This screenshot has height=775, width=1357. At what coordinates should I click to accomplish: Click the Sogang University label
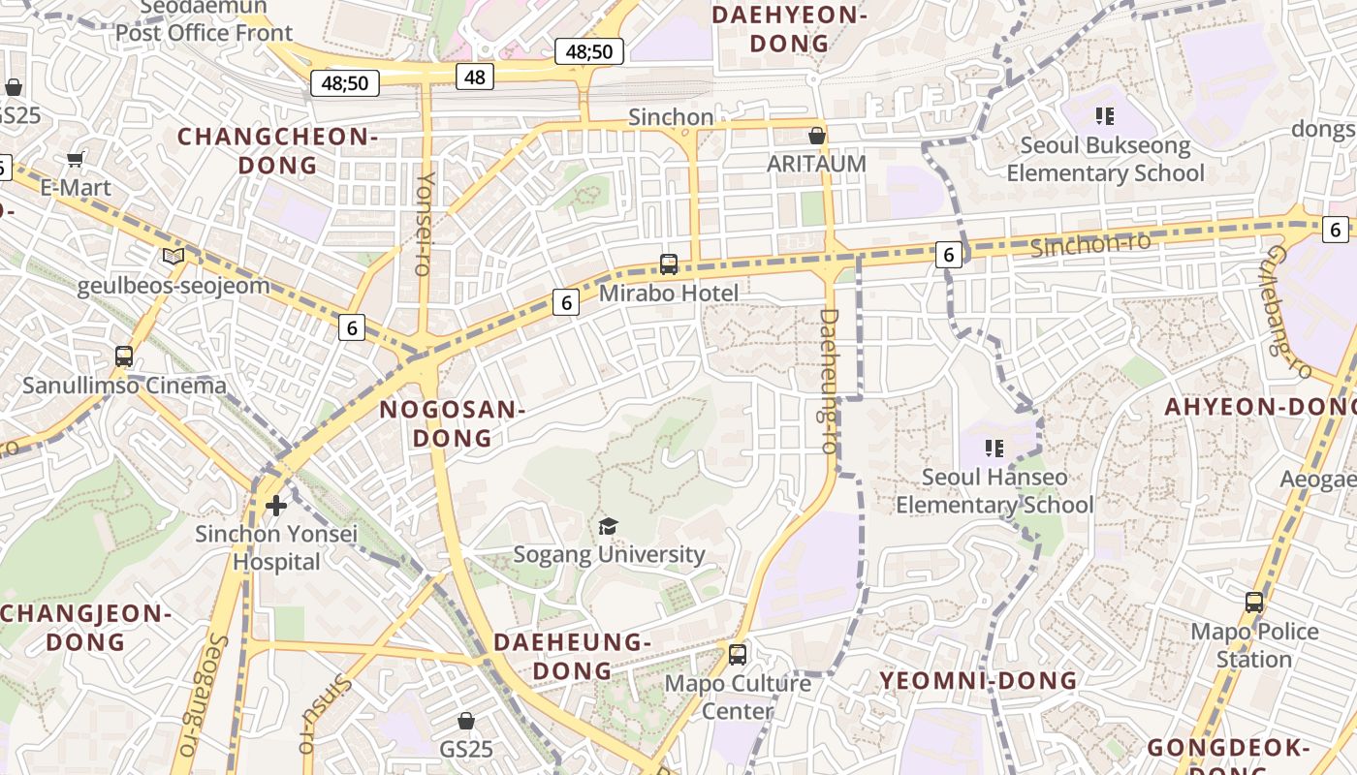609,554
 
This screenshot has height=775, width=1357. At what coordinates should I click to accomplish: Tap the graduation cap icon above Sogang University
608,526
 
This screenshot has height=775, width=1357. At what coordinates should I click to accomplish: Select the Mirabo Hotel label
669,293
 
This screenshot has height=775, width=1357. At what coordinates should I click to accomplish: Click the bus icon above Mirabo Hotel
668,263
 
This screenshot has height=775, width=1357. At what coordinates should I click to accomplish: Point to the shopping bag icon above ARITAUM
817,136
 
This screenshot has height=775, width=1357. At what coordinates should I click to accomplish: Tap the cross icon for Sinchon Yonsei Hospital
276,505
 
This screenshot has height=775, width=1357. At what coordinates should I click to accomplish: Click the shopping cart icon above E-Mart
76,159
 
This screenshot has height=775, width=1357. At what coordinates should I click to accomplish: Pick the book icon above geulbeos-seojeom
174,257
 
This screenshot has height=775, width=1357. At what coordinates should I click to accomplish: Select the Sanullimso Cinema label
124,385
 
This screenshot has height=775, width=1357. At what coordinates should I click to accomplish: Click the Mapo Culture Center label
738,697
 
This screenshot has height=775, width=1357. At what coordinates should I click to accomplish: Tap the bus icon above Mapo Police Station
1254,603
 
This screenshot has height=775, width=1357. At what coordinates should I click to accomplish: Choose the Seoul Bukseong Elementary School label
1105,159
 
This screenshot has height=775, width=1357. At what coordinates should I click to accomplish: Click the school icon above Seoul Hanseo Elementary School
994,448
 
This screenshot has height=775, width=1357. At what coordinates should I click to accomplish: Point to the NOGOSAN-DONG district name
453,423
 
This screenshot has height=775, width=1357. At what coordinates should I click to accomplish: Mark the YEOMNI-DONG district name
978,680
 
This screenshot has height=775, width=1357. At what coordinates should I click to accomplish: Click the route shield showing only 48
475,77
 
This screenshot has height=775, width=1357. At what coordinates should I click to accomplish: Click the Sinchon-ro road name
1090,244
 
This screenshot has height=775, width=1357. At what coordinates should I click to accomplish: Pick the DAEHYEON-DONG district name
789,29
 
